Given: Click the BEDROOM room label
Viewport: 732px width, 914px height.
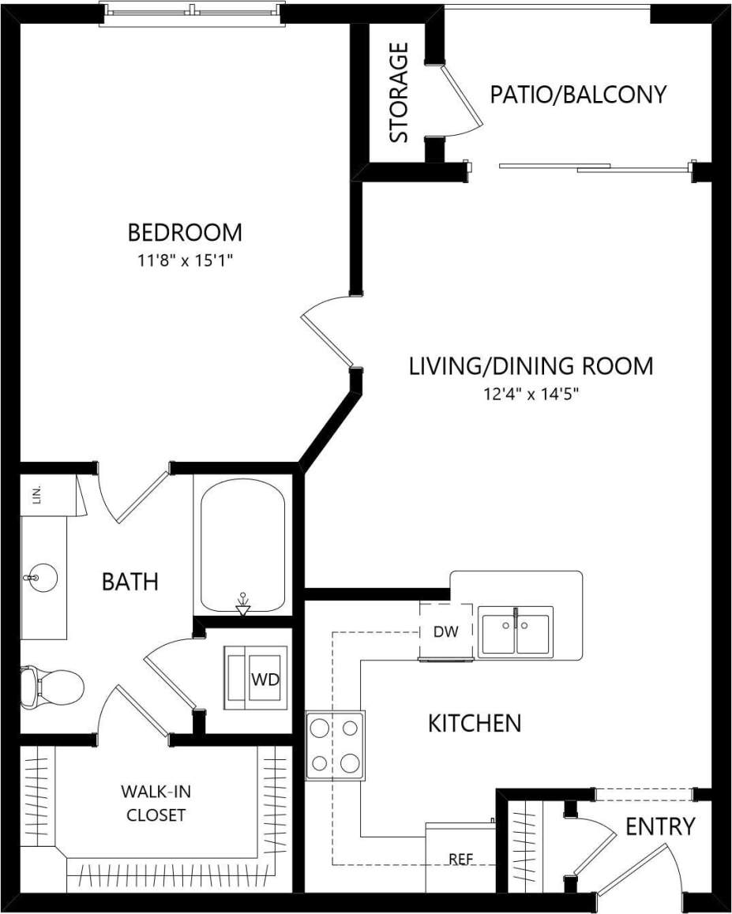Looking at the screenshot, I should [x=185, y=233].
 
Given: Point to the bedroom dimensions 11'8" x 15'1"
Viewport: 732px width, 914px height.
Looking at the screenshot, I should [x=185, y=261].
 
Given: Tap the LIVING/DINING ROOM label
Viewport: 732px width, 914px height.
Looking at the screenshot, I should [x=531, y=366].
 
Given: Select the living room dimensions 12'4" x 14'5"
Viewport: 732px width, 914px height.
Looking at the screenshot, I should [x=531, y=394].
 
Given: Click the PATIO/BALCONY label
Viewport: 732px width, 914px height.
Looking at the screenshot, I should [x=578, y=95].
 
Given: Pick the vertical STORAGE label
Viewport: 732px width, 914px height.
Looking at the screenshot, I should [x=400, y=92].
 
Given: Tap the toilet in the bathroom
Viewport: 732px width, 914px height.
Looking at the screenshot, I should [x=52, y=684].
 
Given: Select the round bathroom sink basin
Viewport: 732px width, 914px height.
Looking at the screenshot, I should [x=41, y=579].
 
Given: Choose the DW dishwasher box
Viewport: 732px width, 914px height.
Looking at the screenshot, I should [x=445, y=631].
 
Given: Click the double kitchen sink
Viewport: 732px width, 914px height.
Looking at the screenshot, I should [x=516, y=631].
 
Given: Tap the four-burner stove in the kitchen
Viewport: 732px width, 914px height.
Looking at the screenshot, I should [x=336, y=745].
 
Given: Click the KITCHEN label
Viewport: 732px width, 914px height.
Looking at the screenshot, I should [x=474, y=723].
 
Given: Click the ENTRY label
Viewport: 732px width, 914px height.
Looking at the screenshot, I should [x=659, y=826].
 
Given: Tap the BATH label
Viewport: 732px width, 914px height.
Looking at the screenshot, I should [x=130, y=582].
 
